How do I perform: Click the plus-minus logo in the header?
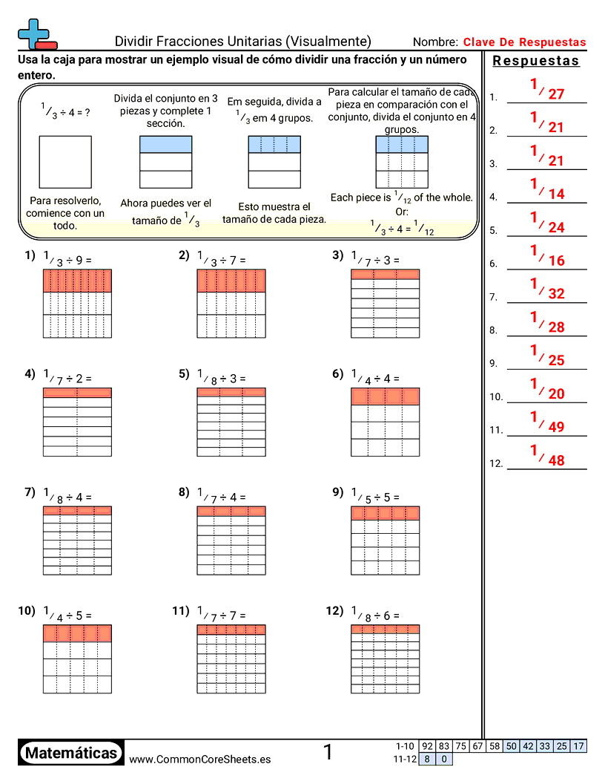36,33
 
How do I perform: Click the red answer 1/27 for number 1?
547,90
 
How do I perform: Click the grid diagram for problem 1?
77,303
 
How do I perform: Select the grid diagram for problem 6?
385,422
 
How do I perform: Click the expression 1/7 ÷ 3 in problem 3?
375,259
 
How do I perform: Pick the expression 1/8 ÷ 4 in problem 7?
67,496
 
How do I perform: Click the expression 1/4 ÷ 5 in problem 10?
67,614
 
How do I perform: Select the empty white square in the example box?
65,162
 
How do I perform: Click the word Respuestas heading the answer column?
536,61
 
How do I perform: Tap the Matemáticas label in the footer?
71,754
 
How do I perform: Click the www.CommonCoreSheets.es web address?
199,759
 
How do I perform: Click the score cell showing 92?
427,746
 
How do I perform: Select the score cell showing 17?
578,746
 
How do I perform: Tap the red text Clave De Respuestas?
524,42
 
